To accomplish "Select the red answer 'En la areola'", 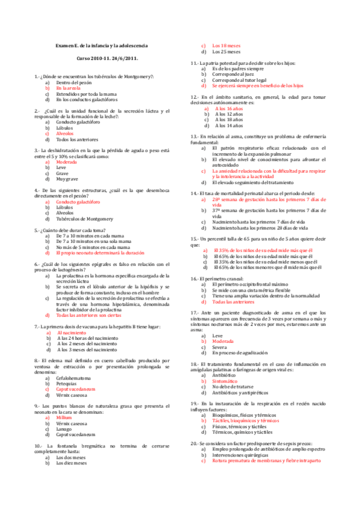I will [70, 88].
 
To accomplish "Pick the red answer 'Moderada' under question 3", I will [67, 162].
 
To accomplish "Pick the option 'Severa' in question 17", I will [220, 348].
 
